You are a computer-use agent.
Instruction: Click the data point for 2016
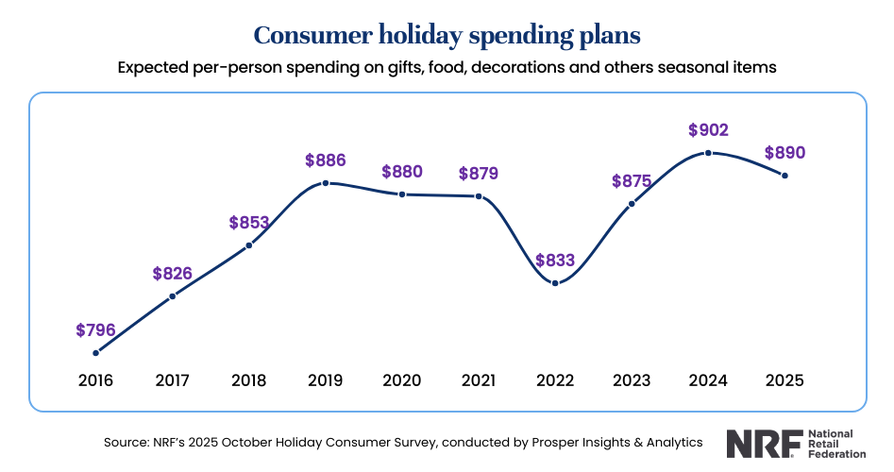pos(96,353)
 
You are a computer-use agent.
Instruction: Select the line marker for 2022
pos(555,283)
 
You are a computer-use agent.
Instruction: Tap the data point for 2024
pos(708,153)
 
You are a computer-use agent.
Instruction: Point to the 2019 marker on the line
pos(326,183)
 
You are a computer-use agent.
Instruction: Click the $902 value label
pos(708,130)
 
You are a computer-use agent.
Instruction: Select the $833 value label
pos(555,261)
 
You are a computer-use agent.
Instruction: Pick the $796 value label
pos(96,330)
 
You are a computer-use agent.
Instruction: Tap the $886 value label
pos(326,160)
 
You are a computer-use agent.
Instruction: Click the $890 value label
pos(784,153)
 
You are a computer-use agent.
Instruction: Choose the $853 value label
pos(249,223)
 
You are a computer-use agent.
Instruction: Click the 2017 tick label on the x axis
pos(173,380)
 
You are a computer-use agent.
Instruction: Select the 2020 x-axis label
pos(402,380)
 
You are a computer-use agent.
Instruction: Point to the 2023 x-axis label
pos(632,380)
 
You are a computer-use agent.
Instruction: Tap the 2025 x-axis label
pos(784,380)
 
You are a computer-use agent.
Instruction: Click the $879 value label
pos(479,173)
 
